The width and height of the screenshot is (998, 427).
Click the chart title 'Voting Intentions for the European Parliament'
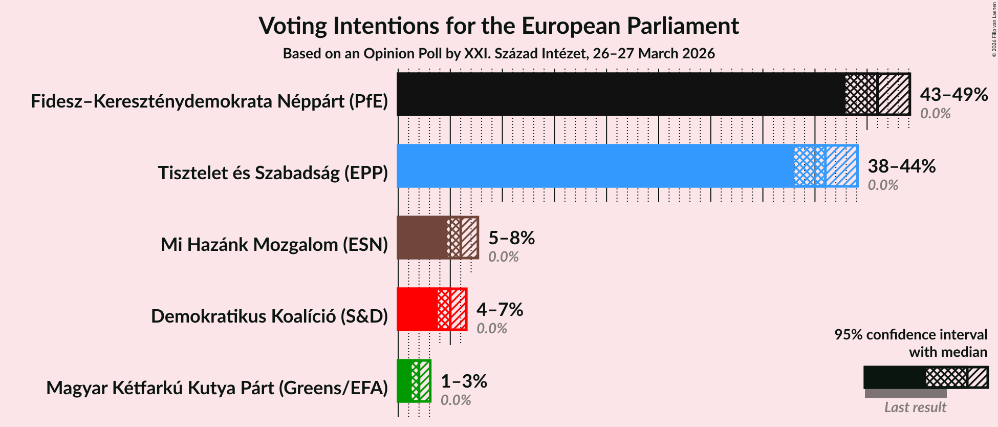[x=498, y=26]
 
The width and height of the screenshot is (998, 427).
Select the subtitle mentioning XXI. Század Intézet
[x=498, y=54]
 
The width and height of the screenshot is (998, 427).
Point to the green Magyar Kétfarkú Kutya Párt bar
[x=404, y=381]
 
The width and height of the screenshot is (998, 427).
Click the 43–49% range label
[x=953, y=94]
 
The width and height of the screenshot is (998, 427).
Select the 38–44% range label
[x=901, y=166]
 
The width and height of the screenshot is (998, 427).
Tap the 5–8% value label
[x=511, y=238]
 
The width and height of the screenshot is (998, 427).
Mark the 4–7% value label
[x=500, y=309]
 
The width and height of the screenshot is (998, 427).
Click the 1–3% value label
[x=464, y=381]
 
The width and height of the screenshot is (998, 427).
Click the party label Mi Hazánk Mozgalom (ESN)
[x=274, y=245]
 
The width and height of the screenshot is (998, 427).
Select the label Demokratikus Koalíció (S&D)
[x=269, y=316]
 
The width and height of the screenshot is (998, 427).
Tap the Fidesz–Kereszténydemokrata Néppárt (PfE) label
[x=209, y=101]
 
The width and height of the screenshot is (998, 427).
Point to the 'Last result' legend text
[x=915, y=408]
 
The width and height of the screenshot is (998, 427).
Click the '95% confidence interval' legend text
[x=910, y=334]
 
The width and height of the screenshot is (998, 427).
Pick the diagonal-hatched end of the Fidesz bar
[x=894, y=94]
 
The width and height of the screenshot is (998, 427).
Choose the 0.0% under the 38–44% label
[x=883, y=185]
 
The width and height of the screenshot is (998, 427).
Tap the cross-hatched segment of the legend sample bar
[x=946, y=378]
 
